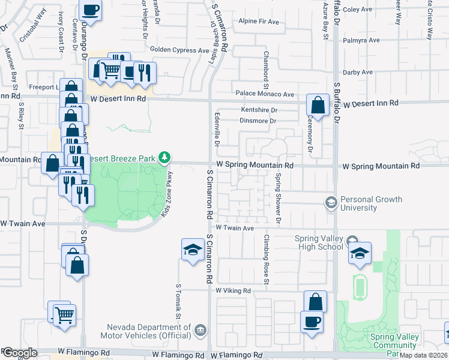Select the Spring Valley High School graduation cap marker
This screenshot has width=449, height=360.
(x=360, y=254)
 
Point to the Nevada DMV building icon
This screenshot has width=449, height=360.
(x=200, y=330)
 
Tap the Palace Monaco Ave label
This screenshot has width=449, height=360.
(x=265, y=94)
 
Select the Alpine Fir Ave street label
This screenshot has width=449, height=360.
(x=259, y=22)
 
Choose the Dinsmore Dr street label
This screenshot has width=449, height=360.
(x=257, y=121)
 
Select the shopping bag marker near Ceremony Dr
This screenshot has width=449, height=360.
(x=318, y=106)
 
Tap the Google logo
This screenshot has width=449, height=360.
(x=19, y=353)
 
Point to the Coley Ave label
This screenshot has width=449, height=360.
(x=358, y=10)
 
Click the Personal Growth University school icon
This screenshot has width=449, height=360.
(x=331, y=203)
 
